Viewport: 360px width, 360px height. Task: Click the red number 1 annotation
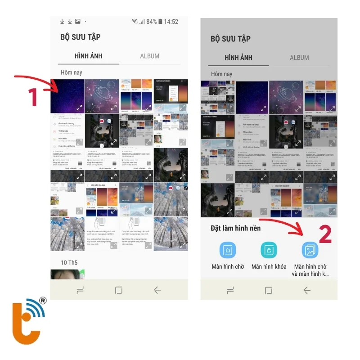(x=32, y=97)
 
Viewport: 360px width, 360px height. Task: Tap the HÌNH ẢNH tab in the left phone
(x=88, y=56)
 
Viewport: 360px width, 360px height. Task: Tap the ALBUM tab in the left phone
(x=149, y=56)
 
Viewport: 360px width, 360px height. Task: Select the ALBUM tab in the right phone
(x=299, y=58)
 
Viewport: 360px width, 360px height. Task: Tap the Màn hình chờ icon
(x=228, y=250)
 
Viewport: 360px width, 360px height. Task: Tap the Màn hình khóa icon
(x=269, y=250)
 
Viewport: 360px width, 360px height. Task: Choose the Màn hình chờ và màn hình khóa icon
(x=310, y=250)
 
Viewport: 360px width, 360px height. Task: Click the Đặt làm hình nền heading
(x=235, y=228)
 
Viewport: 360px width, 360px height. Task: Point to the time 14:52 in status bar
(x=171, y=22)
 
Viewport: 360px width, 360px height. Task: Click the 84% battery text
(x=152, y=22)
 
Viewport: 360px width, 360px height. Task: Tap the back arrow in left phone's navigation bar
(x=157, y=290)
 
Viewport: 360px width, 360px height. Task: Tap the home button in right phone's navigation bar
(x=269, y=290)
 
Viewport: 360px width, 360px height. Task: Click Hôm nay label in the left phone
(x=72, y=72)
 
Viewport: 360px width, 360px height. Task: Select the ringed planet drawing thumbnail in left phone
(x=102, y=96)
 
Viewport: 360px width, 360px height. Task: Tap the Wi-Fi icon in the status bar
(x=135, y=22)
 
